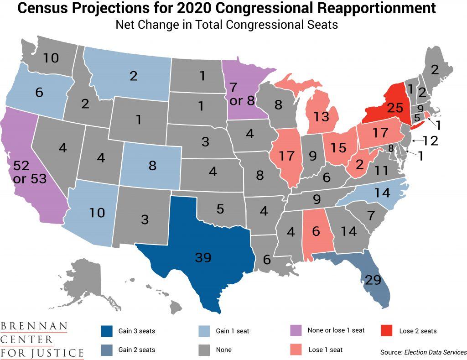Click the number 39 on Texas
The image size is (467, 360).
(203, 258)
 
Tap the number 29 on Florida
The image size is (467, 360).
(373, 280)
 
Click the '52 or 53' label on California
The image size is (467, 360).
(30, 172)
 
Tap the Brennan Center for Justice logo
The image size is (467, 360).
(42, 340)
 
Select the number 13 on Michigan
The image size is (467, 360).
(322, 117)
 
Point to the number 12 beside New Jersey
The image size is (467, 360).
(430, 141)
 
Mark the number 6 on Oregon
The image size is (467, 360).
(39, 92)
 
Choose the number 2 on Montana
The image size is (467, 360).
(133, 76)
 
